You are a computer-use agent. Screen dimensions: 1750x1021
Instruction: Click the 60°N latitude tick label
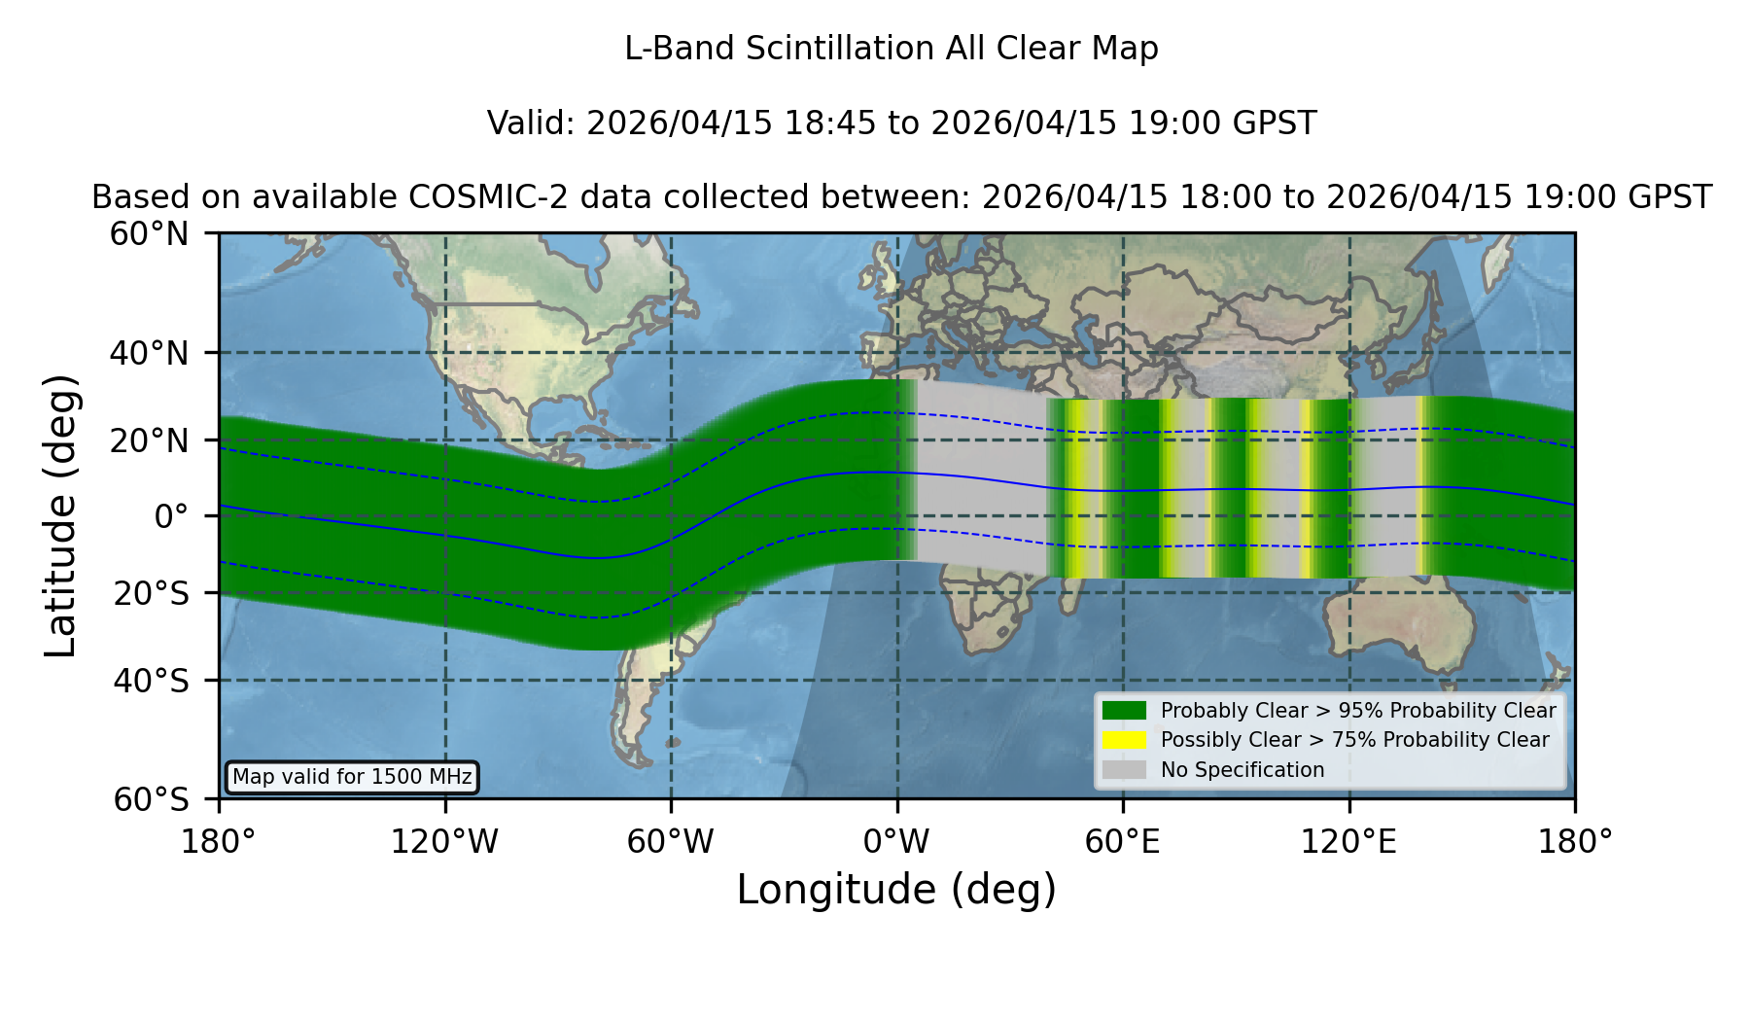click(x=149, y=234)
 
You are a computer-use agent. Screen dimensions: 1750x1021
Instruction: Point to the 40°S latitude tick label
click(x=151, y=681)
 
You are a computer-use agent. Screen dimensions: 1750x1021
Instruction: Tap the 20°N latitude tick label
click(x=149, y=440)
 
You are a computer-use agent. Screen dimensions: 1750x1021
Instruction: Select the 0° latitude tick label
click(x=171, y=516)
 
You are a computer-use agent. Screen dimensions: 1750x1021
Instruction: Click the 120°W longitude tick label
click(x=444, y=842)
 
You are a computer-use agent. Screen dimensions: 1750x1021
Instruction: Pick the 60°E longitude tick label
click(x=1123, y=842)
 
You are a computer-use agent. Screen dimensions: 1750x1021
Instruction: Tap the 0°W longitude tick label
click(x=896, y=842)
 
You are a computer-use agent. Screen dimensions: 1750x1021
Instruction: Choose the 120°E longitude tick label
click(x=1349, y=842)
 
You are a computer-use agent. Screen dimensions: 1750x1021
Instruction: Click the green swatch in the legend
click(x=1125, y=710)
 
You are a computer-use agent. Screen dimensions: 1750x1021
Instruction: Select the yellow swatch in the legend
click(x=1125, y=740)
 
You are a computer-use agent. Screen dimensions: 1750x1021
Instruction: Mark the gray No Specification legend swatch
click(x=1125, y=770)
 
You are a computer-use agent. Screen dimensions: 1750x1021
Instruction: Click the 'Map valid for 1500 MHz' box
click(x=352, y=777)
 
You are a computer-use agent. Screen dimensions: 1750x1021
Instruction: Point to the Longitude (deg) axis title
click(x=896, y=890)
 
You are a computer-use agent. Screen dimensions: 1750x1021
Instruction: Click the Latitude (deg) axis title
click(x=60, y=515)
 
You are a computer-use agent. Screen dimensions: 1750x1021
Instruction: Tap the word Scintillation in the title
click(x=842, y=49)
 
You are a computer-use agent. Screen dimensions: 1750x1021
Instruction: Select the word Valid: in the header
click(x=532, y=123)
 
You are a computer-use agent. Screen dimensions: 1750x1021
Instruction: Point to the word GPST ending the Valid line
click(x=1276, y=123)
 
